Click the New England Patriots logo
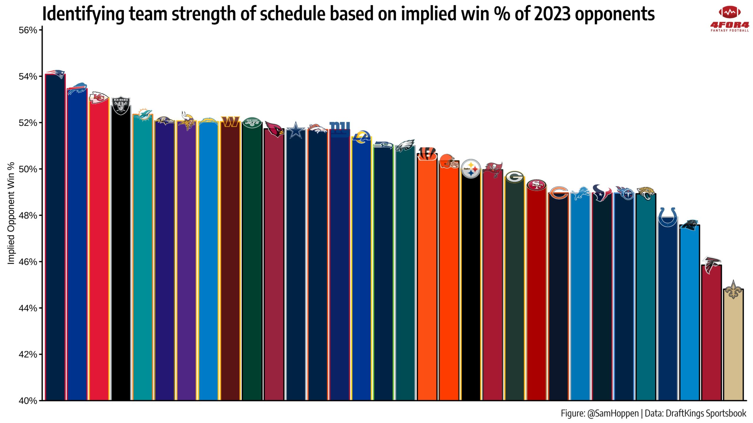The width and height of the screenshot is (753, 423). click(x=56, y=74)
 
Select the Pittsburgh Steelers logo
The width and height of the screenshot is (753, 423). click(x=471, y=169)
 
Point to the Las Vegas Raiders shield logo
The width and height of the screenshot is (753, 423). click(x=121, y=105)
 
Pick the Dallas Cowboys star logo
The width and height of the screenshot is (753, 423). click(x=296, y=130)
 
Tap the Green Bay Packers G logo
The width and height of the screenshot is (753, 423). click(x=514, y=177)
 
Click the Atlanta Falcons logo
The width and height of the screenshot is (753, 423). click(x=711, y=265)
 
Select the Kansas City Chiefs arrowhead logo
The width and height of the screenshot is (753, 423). click(x=99, y=98)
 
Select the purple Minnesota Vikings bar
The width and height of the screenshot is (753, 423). click(x=186, y=264)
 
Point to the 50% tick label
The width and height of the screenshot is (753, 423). click(x=28, y=169)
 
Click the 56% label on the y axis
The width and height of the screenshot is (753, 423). click(x=28, y=30)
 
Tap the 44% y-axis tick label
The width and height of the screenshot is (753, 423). click(x=28, y=308)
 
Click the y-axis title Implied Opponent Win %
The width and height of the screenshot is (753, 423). click(x=11, y=213)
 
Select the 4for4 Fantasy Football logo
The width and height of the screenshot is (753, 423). click(x=729, y=19)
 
